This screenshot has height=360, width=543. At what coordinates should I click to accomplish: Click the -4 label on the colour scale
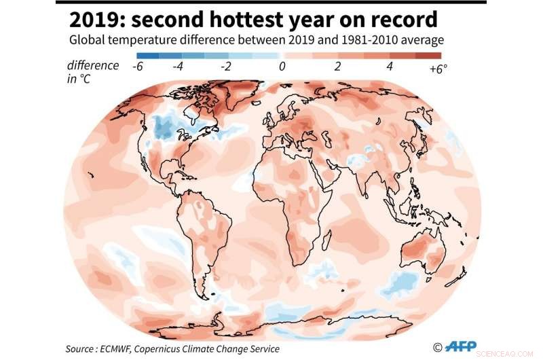point(179,67)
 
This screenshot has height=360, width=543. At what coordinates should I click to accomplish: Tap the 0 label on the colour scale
point(281,67)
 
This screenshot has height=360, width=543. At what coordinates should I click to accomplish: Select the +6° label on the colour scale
point(438,68)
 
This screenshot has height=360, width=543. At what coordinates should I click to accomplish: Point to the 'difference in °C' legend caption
point(92,71)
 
